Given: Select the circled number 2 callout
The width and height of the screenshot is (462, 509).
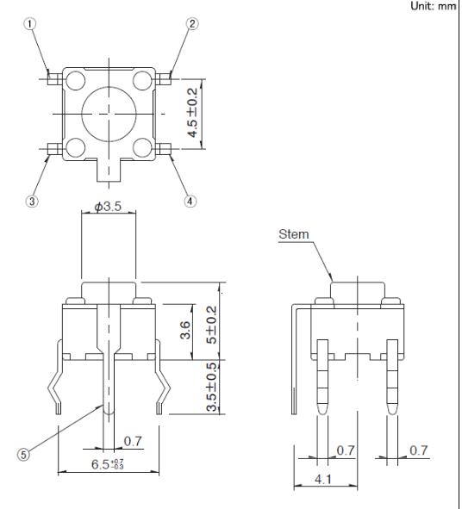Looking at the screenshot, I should click(x=190, y=25).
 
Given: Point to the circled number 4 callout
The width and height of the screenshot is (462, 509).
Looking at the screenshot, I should click(x=190, y=202).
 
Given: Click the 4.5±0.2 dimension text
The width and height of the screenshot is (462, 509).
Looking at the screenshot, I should click(x=193, y=114).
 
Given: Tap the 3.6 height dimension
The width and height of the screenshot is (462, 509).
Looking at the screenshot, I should click(x=184, y=329).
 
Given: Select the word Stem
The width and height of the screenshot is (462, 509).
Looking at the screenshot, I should click(x=292, y=233).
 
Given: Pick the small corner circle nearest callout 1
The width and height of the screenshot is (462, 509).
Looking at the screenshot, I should click(x=74, y=81).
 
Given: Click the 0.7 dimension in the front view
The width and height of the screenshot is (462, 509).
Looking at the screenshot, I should click(x=132, y=441).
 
